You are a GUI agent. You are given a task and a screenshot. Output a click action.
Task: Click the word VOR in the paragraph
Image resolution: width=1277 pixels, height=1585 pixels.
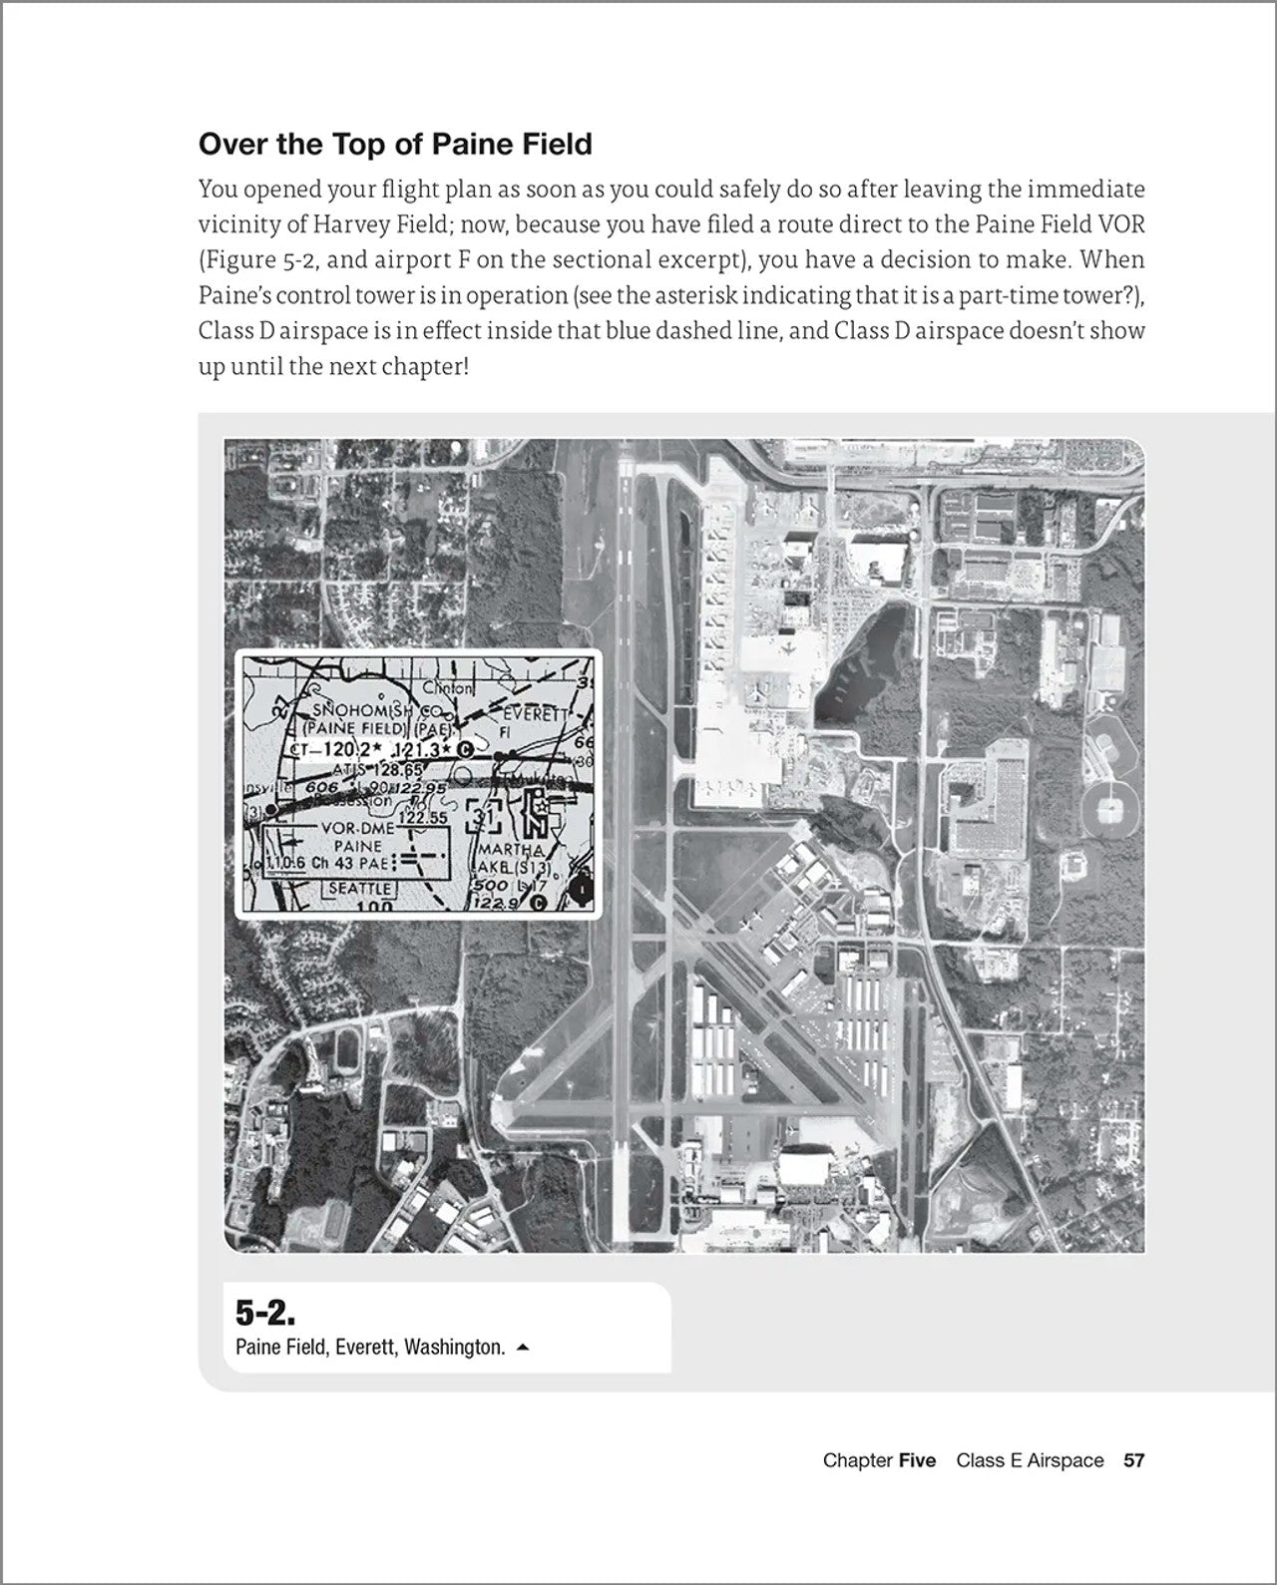click(1121, 224)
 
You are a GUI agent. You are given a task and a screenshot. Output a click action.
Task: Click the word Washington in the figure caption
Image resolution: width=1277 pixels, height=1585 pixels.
click(455, 1347)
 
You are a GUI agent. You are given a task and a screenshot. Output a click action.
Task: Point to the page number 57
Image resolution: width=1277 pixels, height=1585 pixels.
click(1133, 1460)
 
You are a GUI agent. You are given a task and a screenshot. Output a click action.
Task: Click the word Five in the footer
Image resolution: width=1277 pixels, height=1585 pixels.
click(917, 1460)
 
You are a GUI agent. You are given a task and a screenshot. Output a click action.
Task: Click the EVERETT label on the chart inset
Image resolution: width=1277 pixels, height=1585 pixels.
click(534, 714)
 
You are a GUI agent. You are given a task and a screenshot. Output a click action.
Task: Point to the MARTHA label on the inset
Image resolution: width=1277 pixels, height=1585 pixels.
click(511, 850)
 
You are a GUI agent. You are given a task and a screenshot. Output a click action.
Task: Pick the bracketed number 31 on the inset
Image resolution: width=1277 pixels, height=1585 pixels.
click(483, 818)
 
